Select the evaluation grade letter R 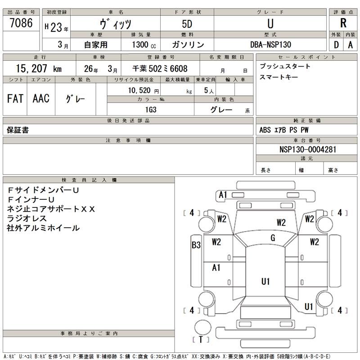coord(343,24)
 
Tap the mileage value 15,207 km coord(39,69)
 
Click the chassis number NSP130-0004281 coord(308,149)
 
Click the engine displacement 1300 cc coord(144,45)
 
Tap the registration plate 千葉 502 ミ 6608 coord(160,69)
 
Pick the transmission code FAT coord(15,99)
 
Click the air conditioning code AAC coord(41,99)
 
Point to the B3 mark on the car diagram coord(196,245)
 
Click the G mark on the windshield coord(273,238)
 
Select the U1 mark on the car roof coord(265,282)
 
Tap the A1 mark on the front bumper coord(222,195)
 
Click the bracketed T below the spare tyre coord(200,339)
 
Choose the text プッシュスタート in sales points coord(285,66)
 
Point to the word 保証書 coord(18,130)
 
